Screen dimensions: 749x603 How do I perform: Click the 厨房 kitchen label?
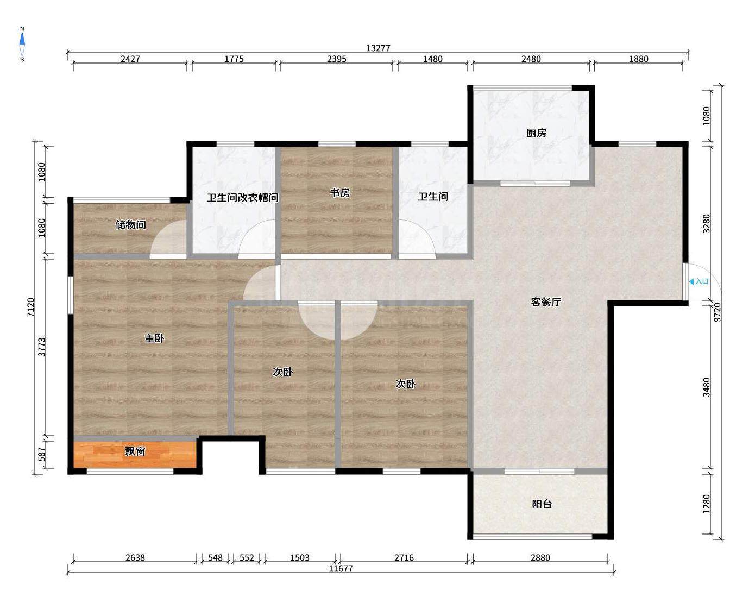click(536, 133)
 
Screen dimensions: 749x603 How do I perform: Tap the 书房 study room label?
click(339, 192)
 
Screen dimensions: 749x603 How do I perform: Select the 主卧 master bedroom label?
click(154, 338)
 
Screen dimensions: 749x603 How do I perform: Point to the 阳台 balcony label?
click(542, 504)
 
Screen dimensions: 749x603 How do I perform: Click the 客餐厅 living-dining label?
click(546, 301)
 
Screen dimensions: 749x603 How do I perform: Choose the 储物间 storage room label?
click(130, 224)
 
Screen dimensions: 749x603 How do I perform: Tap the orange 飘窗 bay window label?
click(135, 451)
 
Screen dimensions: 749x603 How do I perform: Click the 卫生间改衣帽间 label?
click(243, 198)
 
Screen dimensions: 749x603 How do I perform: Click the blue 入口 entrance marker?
click(699, 281)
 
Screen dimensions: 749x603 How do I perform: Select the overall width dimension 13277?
click(378, 48)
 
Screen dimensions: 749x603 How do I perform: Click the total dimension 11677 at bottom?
click(341, 569)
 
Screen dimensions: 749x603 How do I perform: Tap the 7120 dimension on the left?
click(31, 307)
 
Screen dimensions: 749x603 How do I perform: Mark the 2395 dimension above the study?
click(337, 59)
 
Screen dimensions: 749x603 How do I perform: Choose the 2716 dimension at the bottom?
click(404, 558)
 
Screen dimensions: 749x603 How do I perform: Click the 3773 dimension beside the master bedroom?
click(41, 347)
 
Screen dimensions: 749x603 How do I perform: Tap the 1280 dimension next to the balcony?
click(706, 504)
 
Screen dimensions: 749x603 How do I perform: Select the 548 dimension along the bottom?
click(215, 558)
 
